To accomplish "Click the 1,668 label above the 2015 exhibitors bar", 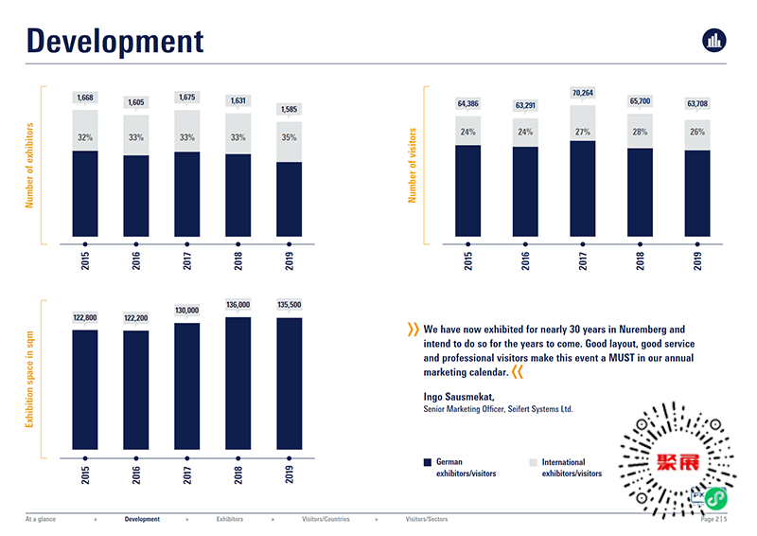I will pyautogui.click(x=85, y=98).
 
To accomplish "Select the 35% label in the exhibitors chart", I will pyautogui.click(x=289, y=137).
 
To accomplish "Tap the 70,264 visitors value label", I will pyautogui.click(x=582, y=93).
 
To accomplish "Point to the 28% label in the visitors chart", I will pyautogui.click(x=640, y=132).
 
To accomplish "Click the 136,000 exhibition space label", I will pyautogui.click(x=238, y=305).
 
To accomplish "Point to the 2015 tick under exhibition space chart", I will pyautogui.click(x=85, y=473).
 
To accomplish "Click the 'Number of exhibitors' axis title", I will pyautogui.click(x=30, y=166).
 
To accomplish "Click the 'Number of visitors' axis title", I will pyautogui.click(x=413, y=167).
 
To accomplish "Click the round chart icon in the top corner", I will pyautogui.click(x=713, y=40).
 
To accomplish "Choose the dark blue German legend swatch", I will pyautogui.click(x=427, y=462).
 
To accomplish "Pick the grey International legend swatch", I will pyautogui.click(x=533, y=462).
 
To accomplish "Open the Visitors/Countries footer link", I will pyautogui.click(x=326, y=520).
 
